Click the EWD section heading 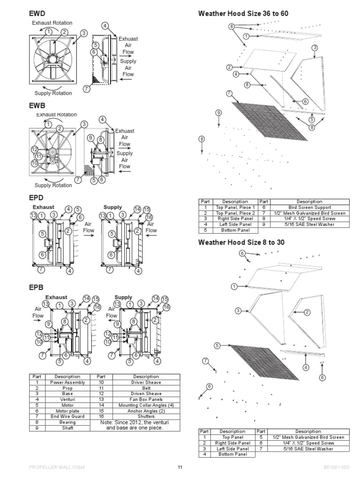coord(38,14)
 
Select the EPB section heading coord(37,287)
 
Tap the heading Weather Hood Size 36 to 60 coord(243,14)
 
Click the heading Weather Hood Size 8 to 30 coord(241,242)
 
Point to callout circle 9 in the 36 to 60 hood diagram coord(218,112)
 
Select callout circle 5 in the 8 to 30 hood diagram coord(217,345)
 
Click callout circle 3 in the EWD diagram coord(83,33)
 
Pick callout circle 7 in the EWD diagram coord(86,88)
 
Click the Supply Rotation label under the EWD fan coord(53,93)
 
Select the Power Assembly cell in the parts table coord(67,382)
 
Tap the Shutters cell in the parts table coord(146,415)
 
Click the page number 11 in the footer coord(180,467)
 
